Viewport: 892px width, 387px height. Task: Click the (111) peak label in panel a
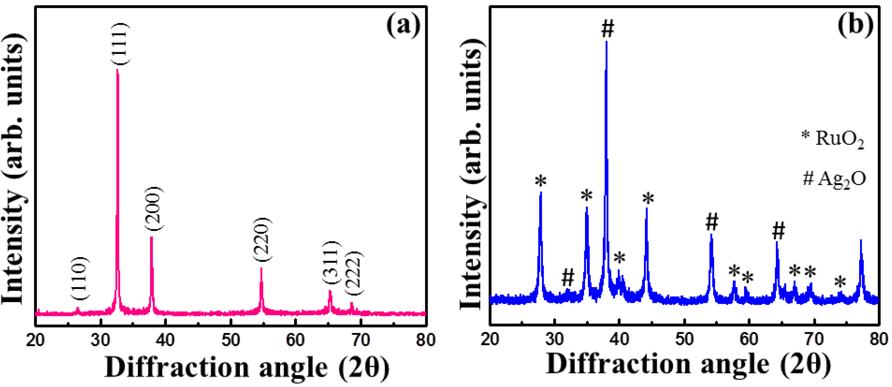[x=120, y=43]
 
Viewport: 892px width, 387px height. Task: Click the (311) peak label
[x=332, y=264]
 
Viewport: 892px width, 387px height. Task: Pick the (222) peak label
[x=355, y=274]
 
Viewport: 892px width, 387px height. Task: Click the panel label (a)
[x=403, y=26]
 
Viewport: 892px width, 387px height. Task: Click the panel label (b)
[x=855, y=26]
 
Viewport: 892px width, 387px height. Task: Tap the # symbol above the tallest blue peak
[x=608, y=28]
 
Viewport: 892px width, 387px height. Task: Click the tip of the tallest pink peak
[x=117, y=70]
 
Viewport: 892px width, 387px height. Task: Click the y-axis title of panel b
[x=471, y=178]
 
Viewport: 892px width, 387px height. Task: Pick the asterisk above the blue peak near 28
[x=541, y=181]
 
